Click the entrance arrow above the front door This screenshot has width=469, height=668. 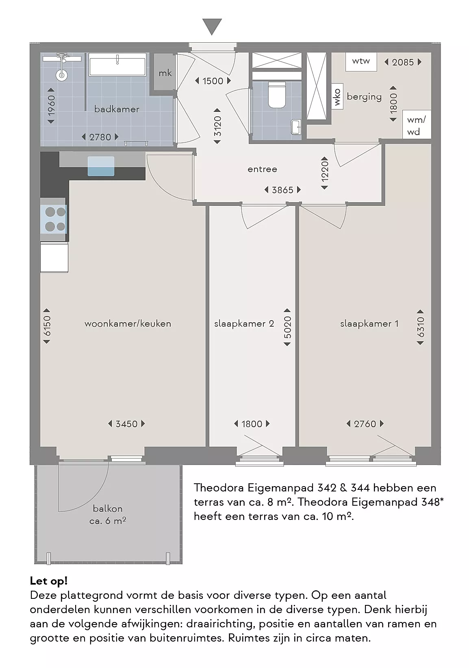pyautogui.click(x=212, y=26)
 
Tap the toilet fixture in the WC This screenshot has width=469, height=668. pyautogui.click(x=277, y=95)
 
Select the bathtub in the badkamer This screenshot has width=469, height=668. pyautogui.click(x=117, y=64)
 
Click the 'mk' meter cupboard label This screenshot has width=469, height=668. pyautogui.click(x=165, y=73)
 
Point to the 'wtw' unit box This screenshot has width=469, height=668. pyautogui.click(x=361, y=62)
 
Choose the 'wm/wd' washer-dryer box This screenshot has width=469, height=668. pyautogui.click(x=417, y=124)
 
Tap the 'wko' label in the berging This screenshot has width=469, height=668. pyautogui.click(x=337, y=97)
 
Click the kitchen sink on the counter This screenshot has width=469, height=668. pyautogui.click(x=101, y=166)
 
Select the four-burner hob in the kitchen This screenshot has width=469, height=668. pyautogui.click(x=55, y=219)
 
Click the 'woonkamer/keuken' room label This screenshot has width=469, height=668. pyautogui.click(x=128, y=323)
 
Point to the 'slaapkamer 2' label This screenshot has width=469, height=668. pyautogui.click(x=244, y=323)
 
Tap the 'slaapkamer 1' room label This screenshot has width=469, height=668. pyautogui.click(x=369, y=323)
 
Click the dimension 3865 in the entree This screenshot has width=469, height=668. pyautogui.click(x=282, y=190)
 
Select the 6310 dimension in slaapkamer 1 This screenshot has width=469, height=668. pyautogui.click(x=420, y=327)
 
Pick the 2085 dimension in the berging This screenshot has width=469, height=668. pyautogui.click(x=403, y=62)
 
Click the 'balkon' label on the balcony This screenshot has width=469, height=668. pyautogui.click(x=108, y=508)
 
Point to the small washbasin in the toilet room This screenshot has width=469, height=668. pyautogui.click(x=296, y=127)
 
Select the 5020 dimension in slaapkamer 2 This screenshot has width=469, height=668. pyautogui.click(x=287, y=327)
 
